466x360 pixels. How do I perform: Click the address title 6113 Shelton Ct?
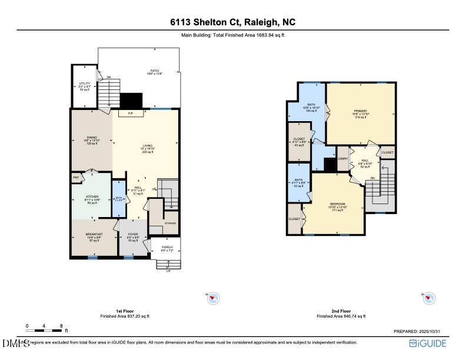coord(233,22)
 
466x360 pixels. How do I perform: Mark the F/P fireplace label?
coord(130,114)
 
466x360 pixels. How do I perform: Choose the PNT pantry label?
coord(76,177)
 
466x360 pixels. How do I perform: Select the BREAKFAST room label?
coord(94,234)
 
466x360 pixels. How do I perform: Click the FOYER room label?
coord(133,234)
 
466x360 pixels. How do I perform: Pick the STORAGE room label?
coord(170,223)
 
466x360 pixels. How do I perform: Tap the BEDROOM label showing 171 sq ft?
coord(338,205)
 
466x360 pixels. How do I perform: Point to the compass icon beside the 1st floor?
coord(214,299)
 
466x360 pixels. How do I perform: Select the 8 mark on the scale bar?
coord(61,325)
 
